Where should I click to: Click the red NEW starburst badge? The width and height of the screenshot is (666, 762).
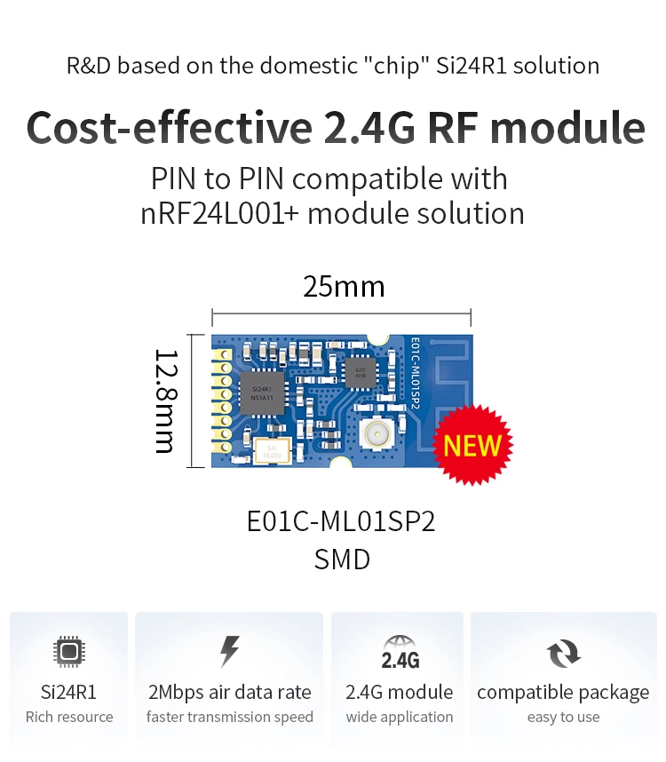[x=472, y=445]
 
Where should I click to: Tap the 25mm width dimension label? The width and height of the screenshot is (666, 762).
[x=344, y=287]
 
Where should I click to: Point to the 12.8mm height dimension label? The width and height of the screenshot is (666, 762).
[x=165, y=401]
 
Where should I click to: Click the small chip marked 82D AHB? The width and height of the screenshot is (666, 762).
[x=360, y=372]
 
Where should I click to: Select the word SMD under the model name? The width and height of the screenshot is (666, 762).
[x=342, y=560]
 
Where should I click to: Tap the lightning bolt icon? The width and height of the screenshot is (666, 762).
[x=229, y=652]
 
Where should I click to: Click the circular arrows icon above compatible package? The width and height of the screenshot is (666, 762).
[x=563, y=655]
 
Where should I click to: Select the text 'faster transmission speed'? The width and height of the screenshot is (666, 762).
[x=229, y=717]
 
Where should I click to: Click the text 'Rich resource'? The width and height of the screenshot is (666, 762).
[x=69, y=717]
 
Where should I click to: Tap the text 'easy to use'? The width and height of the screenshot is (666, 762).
[x=563, y=717]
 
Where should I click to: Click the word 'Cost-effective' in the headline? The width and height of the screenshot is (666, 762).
[x=169, y=127]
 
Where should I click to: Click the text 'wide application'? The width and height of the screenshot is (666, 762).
[x=400, y=717]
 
